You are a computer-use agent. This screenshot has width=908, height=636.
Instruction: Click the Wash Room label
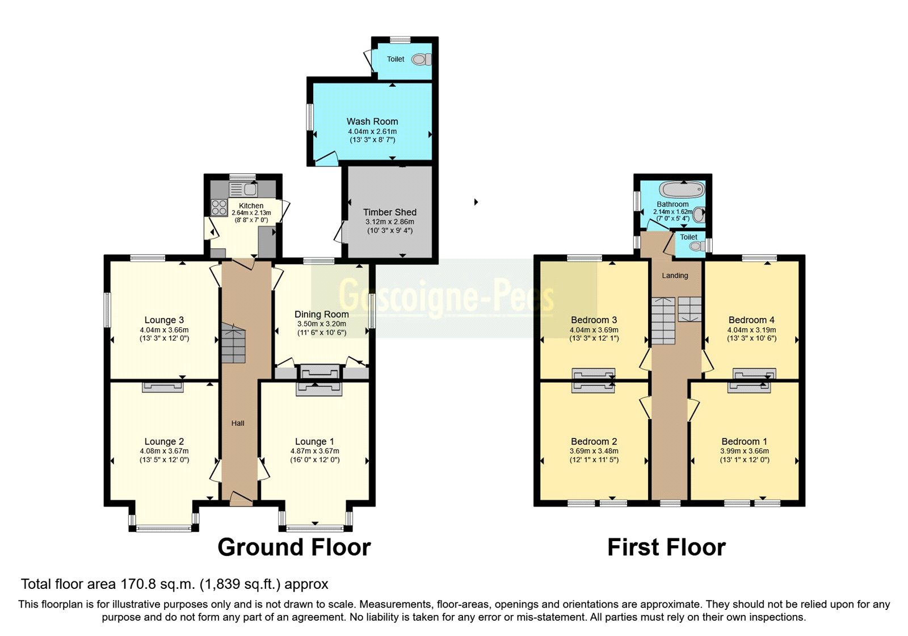click(x=372, y=122)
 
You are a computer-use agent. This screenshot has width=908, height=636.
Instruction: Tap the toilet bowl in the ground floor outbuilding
click(x=421, y=59)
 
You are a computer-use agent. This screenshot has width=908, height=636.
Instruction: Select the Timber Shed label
click(x=390, y=212)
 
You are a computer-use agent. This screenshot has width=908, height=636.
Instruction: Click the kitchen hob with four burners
click(x=219, y=208)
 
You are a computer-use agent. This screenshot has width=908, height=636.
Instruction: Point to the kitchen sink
click(x=243, y=189)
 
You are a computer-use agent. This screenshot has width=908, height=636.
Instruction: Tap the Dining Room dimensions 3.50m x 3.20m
click(x=322, y=324)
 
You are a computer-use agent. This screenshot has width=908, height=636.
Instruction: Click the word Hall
click(x=238, y=423)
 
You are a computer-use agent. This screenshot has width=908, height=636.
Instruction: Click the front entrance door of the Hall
click(x=241, y=500)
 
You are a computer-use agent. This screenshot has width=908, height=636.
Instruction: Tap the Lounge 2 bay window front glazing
click(x=163, y=529)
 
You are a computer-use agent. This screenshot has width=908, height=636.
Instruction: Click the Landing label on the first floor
click(x=675, y=275)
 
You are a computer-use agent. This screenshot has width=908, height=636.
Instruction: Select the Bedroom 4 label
click(x=751, y=320)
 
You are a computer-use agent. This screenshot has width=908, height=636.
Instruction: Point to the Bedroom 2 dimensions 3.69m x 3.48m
click(x=594, y=451)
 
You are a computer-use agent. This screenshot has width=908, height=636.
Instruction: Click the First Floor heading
click(x=666, y=547)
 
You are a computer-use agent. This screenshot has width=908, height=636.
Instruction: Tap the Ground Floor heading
click(x=294, y=547)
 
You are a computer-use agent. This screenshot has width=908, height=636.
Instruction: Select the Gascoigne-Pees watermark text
click(x=447, y=297)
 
